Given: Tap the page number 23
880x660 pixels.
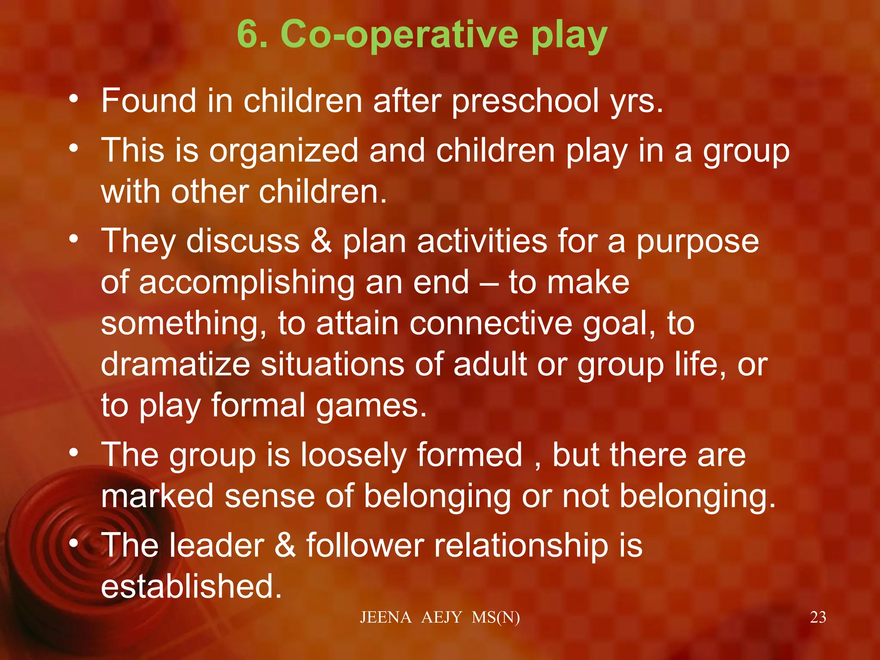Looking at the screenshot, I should click(x=818, y=617).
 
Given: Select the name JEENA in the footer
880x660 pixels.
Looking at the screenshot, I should click(x=385, y=617).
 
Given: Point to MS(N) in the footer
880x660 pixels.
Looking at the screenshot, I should click(x=495, y=617).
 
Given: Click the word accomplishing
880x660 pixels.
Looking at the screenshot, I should click(x=247, y=283).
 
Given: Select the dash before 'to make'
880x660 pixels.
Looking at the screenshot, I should click(x=489, y=283).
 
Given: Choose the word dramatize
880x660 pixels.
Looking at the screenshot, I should click(x=175, y=364).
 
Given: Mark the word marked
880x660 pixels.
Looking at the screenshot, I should click(x=157, y=496).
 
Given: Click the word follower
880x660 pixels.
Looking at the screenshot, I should click(x=365, y=546).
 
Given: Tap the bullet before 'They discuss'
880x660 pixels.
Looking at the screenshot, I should click(x=74, y=238).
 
